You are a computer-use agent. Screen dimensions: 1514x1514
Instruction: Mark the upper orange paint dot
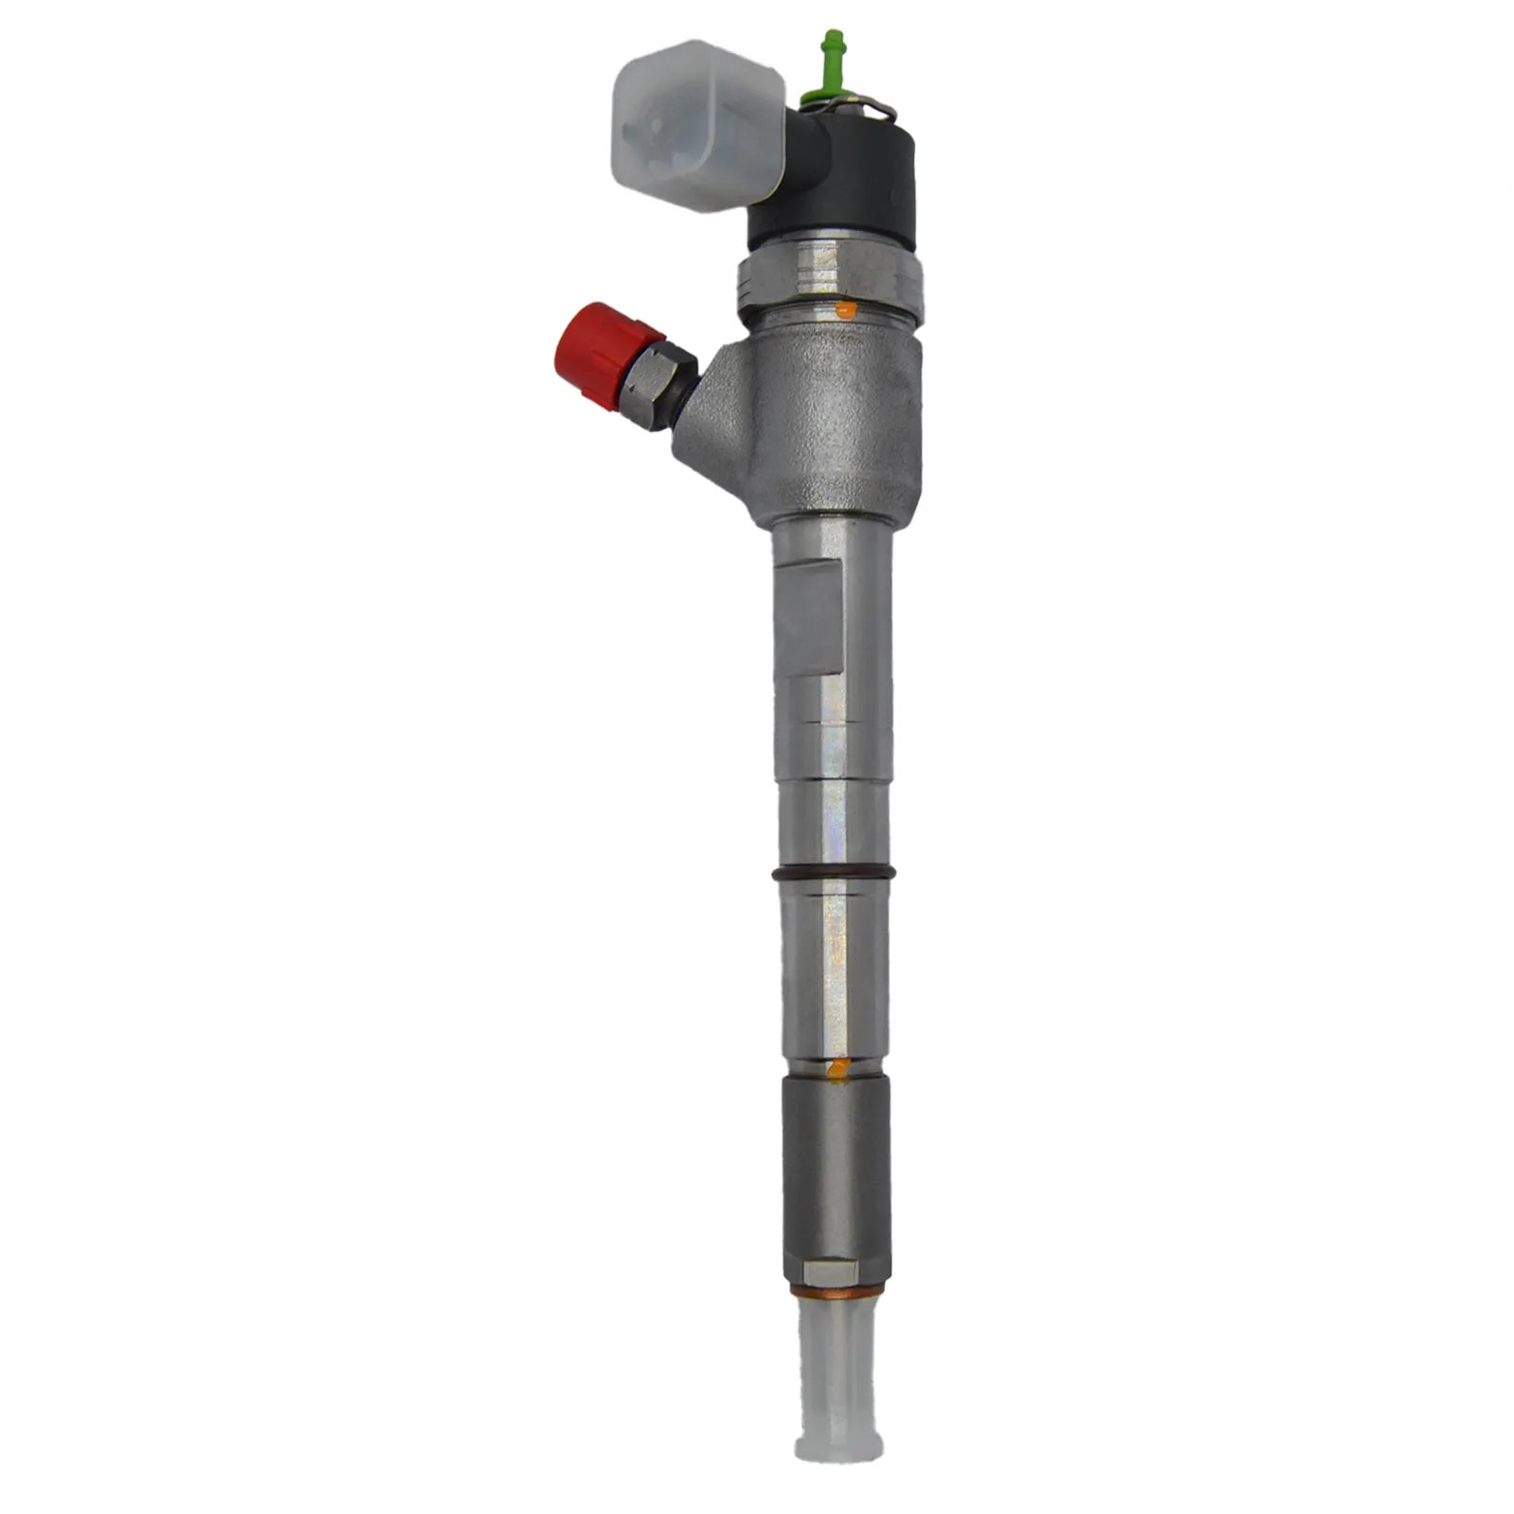(847, 309)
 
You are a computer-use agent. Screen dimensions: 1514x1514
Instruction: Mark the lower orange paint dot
(837, 1070)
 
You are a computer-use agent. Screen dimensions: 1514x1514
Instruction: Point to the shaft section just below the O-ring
(833, 946)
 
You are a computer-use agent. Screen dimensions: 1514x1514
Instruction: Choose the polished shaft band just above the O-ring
(833, 814)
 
